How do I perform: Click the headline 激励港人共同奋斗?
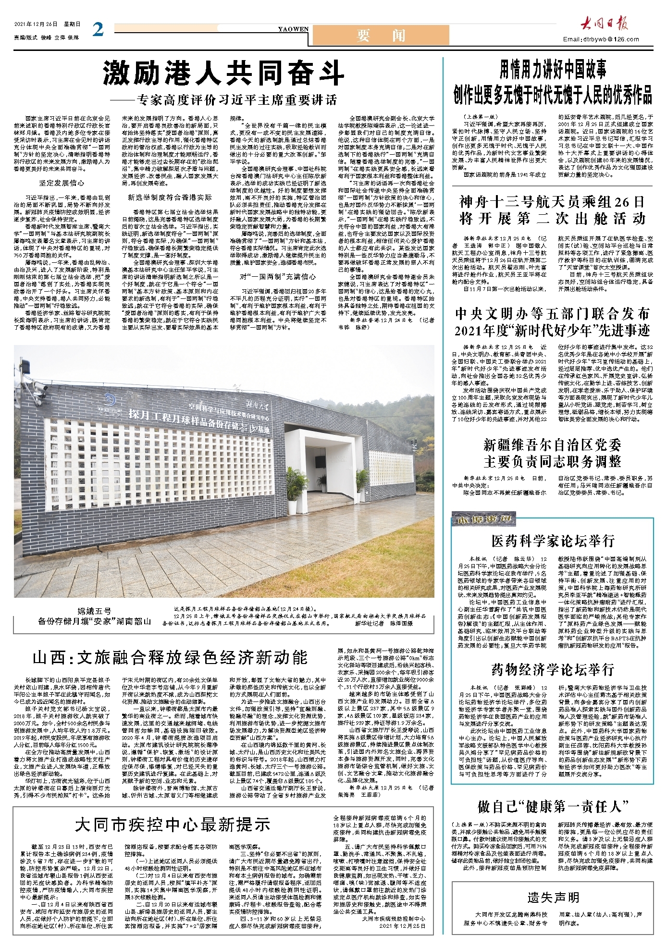coord(223,74)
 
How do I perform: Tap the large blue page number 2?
coord(98,30)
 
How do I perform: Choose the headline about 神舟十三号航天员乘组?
coord(552,210)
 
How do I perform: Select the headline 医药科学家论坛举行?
coord(553,541)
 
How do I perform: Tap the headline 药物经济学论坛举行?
coord(553,669)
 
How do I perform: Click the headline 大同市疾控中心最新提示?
coord(173,825)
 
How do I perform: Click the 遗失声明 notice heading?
coord(553,898)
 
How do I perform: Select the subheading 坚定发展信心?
coord(62,183)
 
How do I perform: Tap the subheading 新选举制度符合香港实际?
coord(170,197)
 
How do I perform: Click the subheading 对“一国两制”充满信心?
coord(278,277)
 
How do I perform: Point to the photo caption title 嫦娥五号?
coord(94,611)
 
